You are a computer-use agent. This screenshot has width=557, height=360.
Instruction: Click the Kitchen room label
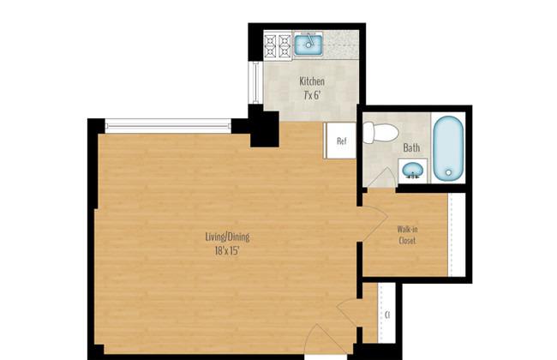point(312,81)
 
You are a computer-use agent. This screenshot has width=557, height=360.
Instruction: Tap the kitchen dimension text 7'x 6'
point(312,95)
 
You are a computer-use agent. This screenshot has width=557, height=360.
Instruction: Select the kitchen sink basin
point(308,45)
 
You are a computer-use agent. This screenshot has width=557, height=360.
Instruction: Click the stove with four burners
point(278,45)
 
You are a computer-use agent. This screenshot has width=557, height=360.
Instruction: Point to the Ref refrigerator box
point(340,141)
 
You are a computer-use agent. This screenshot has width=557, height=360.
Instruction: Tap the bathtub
point(448,147)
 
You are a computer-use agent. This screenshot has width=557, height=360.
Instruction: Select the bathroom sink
point(414,171)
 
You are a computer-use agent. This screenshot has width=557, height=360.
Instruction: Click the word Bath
point(411,147)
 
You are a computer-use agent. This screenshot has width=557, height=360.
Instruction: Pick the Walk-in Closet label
point(407,235)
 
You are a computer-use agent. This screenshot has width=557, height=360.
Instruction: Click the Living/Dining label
point(227,237)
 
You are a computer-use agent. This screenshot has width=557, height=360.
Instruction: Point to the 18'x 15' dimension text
point(227,251)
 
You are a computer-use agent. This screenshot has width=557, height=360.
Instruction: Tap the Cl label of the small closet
point(387,315)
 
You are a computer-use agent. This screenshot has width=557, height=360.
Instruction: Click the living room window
point(168,126)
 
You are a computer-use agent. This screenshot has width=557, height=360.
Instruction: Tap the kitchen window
point(255,82)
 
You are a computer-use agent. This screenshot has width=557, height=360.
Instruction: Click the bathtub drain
point(448,173)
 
